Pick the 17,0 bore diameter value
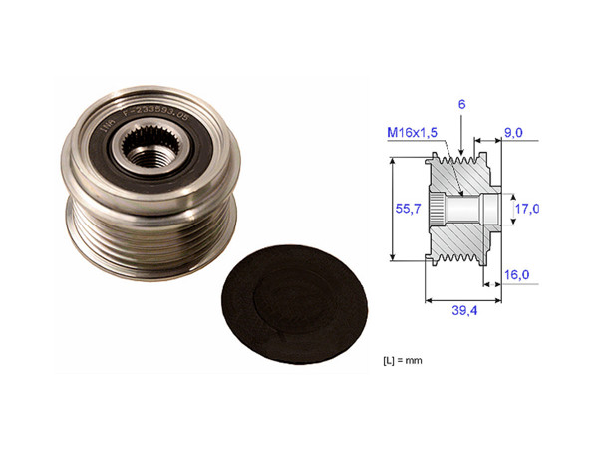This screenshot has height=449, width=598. [x=528, y=209]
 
